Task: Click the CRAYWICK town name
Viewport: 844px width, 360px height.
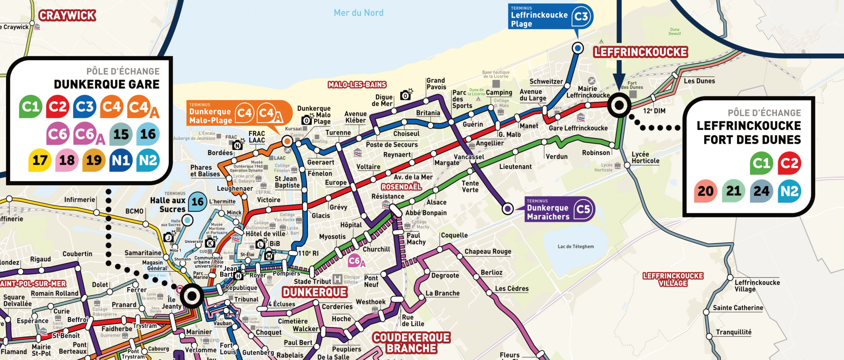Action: pyautogui.click(x=67, y=15)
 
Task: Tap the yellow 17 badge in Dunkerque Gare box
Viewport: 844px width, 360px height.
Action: pyautogui.click(x=40, y=160)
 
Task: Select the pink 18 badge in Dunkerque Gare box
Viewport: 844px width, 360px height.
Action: pyautogui.click(x=67, y=160)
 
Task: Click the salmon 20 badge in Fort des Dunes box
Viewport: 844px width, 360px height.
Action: pyautogui.click(x=705, y=191)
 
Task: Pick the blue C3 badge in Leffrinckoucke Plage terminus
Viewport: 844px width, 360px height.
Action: pyautogui.click(x=581, y=16)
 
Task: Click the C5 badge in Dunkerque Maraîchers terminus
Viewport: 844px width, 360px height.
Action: pyautogui.click(x=583, y=209)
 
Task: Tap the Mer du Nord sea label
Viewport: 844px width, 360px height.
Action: pyautogui.click(x=358, y=13)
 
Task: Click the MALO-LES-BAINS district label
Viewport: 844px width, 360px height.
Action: pyautogui.click(x=357, y=85)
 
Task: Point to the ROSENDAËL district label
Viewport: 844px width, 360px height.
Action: pyautogui.click(x=401, y=187)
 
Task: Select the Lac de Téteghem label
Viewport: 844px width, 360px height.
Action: pyautogui.click(x=576, y=246)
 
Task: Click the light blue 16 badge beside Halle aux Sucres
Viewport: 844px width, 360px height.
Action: pyautogui.click(x=198, y=202)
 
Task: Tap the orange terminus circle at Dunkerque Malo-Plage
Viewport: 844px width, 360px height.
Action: pyautogui.click(x=287, y=141)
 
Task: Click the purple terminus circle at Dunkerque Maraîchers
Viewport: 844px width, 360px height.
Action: pyautogui.click(x=507, y=208)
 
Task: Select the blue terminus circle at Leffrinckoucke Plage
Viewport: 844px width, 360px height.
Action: pyautogui.click(x=578, y=48)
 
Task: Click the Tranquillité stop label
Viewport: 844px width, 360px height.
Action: pyautogui.click(x=734, y=332)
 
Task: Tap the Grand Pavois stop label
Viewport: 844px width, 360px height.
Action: pyautogui.click(x=436, y=84)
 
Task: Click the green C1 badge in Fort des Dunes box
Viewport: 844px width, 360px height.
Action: pyautogui.click(x=761, y=163)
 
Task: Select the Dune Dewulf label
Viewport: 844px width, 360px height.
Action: pyautogui.click(x=675, y=31)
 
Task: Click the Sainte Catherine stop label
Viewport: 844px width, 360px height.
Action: pyautogui.click(x=738, y=308)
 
